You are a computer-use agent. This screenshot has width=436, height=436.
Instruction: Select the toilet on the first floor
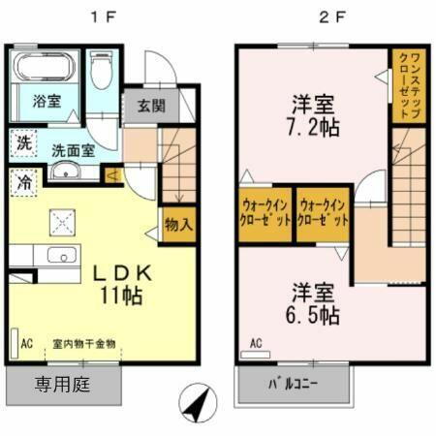click(x=101, y=70)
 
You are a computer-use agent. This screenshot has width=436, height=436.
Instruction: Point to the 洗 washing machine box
click(x=22, y=143)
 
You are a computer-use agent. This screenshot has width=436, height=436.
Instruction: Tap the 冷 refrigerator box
click(x=22, y=180)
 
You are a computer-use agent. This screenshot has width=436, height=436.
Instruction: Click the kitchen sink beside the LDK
click(x=62, y=258)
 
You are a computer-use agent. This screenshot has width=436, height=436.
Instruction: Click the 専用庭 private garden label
click(x=63, y=386)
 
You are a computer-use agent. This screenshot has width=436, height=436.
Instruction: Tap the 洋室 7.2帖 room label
click(x=311, y=114)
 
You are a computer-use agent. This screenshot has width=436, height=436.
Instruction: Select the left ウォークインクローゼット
click(x=263, y=213)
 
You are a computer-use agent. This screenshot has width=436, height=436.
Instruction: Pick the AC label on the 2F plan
click(x=257, y=343)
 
